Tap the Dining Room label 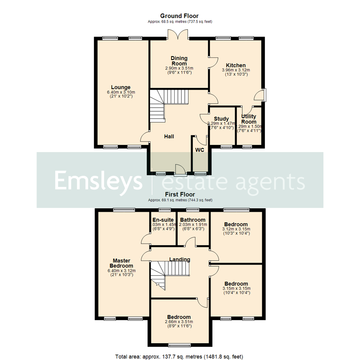tap(179, 61)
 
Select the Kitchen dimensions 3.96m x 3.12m tap(236, 70)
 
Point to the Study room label tap(221, 119)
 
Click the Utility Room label tap(249, 119)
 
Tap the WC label tap(200, 150)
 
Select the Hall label tap(169, 136)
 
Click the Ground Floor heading tap(179, 16)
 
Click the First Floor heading tap(180, 194)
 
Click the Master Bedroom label tap(121, 263)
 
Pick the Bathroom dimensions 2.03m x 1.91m tap(193, 225)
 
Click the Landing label tap(180, 259)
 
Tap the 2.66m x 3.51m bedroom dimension tap(179, 322)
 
